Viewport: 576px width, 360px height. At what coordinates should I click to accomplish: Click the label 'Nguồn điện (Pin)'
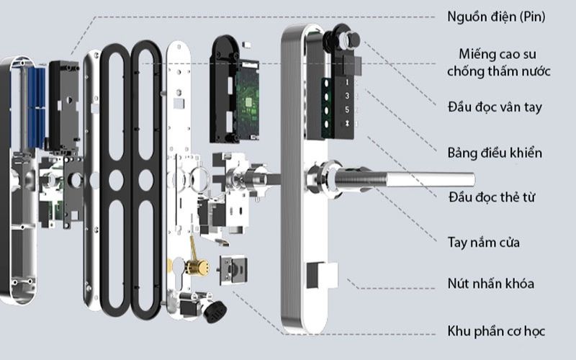495,16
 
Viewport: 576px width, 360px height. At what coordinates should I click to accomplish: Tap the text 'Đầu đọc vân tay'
493,107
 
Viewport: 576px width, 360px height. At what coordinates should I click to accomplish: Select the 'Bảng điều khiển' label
494,153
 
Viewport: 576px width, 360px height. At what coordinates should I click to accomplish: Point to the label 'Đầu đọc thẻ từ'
493,197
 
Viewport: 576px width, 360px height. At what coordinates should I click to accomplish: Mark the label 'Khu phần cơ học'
495,331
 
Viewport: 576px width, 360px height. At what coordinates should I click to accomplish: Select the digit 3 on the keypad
346,96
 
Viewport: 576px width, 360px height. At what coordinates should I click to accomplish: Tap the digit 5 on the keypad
346,109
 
